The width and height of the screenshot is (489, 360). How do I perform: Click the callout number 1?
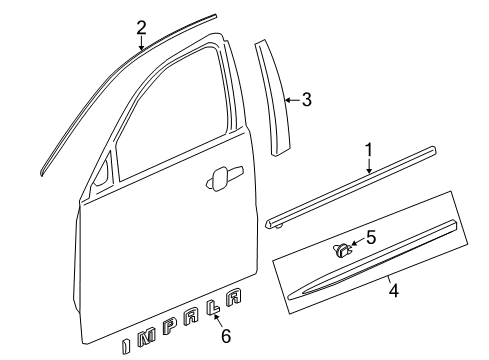point(368,150)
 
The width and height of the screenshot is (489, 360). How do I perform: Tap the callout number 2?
point(141,27)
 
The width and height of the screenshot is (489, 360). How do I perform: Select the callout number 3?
point(307,99)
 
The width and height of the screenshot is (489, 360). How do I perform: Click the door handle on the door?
point(215,180)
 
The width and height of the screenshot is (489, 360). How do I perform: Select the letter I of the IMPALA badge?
point(125,346)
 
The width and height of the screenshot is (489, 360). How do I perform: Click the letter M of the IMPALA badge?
point(146,341)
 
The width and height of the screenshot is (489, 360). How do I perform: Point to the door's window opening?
point(170,110)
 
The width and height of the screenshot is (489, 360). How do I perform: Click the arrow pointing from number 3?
point(291,99)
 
